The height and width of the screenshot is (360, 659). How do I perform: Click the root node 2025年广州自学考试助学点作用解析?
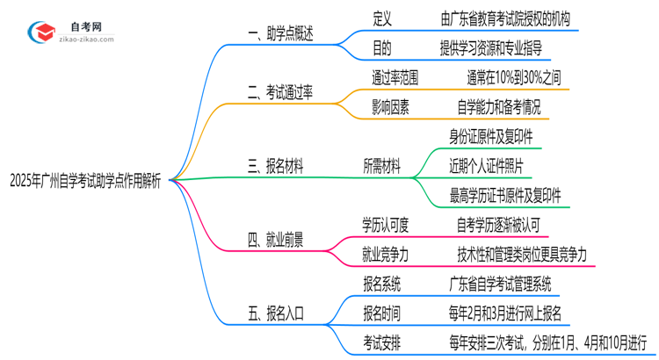coord(85,180)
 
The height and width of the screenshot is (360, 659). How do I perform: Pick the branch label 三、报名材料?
coord(274,166)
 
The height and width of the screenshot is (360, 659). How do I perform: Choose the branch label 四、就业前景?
coord(274,240)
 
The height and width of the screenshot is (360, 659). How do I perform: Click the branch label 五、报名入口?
coord(274,312)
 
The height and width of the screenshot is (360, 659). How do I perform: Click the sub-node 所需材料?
coord(381,166)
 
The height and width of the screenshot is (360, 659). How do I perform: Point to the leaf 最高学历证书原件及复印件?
coord(505,195)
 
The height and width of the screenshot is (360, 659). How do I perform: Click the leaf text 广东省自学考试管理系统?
coord(499,283)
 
